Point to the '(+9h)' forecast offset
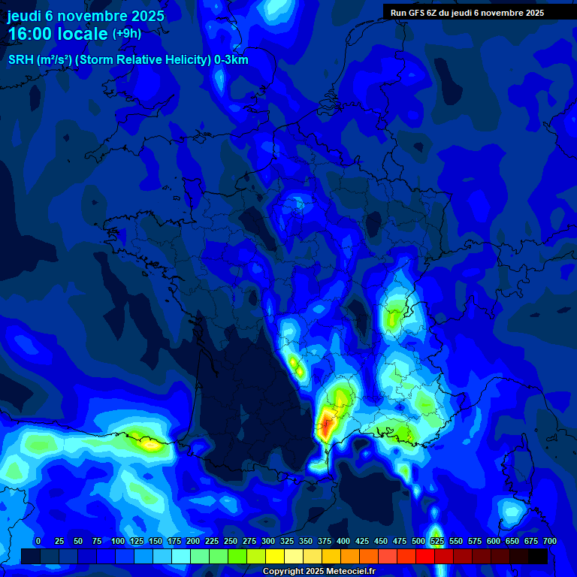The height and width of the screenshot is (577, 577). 126,34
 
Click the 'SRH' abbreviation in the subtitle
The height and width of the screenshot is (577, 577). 20,60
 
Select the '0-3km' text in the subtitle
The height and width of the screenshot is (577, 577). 231,60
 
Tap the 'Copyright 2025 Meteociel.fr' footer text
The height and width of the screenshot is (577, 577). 319,571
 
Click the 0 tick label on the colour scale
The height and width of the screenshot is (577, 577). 38,541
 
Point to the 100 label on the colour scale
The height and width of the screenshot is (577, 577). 118,541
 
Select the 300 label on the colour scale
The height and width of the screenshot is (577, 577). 268,541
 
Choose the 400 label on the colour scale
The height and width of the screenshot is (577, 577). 343,541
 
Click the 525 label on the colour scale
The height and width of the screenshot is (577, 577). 437,541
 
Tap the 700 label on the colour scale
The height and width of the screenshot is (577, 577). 550,541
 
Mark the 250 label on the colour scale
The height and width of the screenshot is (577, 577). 231,541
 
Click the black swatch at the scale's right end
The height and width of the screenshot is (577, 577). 538,556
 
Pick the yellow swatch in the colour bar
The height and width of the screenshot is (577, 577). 275,556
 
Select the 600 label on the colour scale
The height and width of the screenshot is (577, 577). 494,541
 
